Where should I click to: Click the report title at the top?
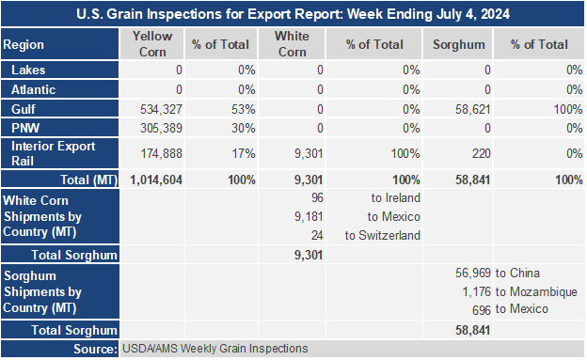click(293, 14)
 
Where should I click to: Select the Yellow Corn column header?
click(152, 44)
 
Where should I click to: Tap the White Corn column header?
click(292, 44)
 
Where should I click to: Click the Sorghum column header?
click(459, 44)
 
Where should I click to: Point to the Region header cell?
click(24, 44)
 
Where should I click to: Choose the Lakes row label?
click(28, 70)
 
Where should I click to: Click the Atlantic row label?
click(33, 90)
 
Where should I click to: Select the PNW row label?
click(25, 128)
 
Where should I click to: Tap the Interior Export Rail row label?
click(54, 153)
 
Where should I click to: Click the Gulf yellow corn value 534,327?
click(161, 109)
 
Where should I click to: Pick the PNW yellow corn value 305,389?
click(161, 128)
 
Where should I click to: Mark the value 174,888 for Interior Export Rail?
click(161, 153)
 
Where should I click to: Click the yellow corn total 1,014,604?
click(156, 180)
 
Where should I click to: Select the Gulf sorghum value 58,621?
click(473, 109)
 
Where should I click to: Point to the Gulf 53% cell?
click(244, 109)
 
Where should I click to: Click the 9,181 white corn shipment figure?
click(309, 217)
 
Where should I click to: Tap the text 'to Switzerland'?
click(383, 235)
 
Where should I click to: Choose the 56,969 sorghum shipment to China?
click(473, 274)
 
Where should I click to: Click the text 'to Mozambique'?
click(536, 292)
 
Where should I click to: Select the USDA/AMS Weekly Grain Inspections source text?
click(214, 349)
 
